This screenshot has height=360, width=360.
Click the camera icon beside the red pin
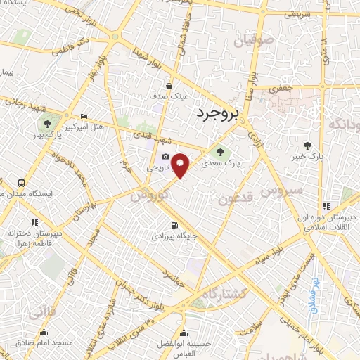coord(165,156)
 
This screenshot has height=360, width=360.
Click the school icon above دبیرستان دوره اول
coord(326,206)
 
